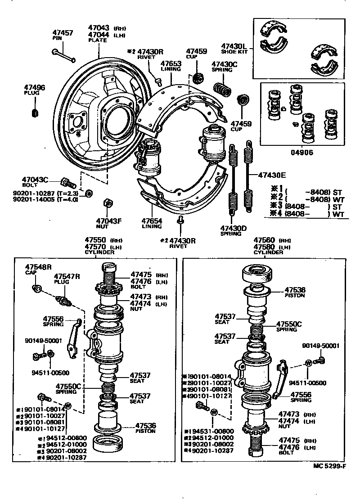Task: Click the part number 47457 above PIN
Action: [x=63, y=33]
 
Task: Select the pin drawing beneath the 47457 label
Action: [x=64, y=57]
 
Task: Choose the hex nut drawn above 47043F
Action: [x=108, y=202]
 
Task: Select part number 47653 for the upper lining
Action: [x=171, y=64]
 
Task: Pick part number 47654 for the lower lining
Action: [x=152, y=221]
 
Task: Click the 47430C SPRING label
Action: [x=224, y=64]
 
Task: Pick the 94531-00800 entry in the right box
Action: [x=210, y=430]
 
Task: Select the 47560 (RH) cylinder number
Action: [x=265, y=240]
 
